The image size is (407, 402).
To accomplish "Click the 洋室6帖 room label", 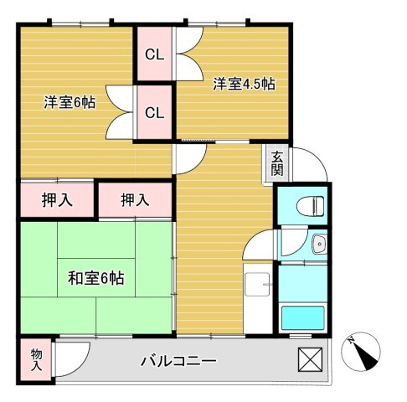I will click(x=70, y=103).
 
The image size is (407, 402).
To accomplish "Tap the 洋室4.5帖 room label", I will click(x=244, y=84).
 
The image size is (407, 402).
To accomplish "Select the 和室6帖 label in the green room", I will click(x=95, y=278).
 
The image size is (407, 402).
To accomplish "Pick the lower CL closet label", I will click(x=154, y=112).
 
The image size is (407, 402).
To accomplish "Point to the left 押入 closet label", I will click(x=56, y=200).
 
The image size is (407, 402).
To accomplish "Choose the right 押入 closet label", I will click(x=134, y=200).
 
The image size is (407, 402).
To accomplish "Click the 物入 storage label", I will click(x=36, y=360).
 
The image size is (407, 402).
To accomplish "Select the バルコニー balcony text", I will click(x=178, y=362).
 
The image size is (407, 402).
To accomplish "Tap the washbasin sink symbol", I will click(x=317, y=244).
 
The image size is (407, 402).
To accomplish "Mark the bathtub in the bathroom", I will click(x=303, y=319).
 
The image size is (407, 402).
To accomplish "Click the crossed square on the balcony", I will click(x=310, y=359).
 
